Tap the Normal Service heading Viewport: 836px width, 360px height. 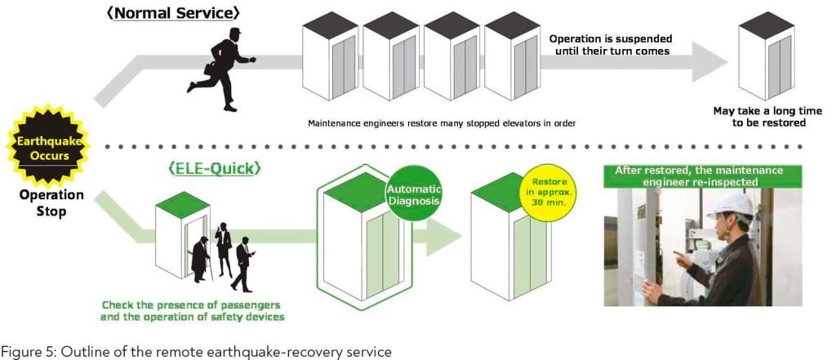(x=173, y=12)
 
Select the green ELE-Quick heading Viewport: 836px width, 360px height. (x=215, y=169)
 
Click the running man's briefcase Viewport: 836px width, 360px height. (x=210, y=69)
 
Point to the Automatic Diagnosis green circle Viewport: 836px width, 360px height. (x=413, y=193)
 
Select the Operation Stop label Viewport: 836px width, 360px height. (x=51, y=203)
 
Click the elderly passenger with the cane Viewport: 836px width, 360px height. (x=201, y=259)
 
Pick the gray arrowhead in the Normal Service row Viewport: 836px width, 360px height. (x=709, y=62)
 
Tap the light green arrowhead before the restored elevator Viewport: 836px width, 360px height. (x=443, y=236)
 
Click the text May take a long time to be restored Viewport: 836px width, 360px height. (x=767, y=117)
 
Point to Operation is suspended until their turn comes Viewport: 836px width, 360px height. (x=611, y=45)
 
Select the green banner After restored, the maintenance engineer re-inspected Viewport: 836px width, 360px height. (x=702, y=176)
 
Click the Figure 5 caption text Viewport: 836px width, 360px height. (x=196, y=352)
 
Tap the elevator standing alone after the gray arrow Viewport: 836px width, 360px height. (x=766, y=56)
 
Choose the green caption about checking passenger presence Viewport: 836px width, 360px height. (x=193, y=311)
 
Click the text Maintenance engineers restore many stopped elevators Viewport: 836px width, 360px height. (x=442, y=123)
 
